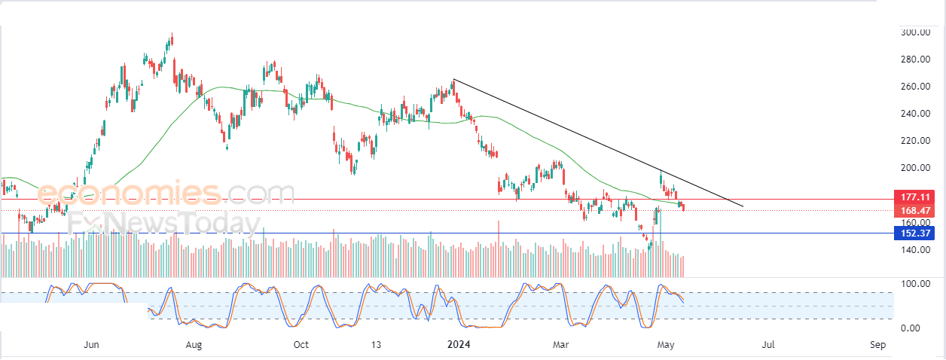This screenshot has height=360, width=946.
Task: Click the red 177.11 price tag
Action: [913, 197]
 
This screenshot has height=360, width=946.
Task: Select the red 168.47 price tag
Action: [913, 210]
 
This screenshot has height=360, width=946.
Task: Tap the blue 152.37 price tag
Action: [913, 233]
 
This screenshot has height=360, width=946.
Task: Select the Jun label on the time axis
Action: [91, 345]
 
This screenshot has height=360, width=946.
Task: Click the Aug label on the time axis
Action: [194, 345]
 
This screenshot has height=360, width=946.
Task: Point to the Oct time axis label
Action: [301, 345]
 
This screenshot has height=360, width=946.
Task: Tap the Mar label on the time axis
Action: [561, 345]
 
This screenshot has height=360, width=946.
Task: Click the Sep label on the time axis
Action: [877, 345]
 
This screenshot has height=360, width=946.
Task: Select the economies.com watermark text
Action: [166, 194]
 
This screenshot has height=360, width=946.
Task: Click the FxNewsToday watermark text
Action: [161, 223]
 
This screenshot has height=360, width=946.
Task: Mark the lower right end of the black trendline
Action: [743, 206]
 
